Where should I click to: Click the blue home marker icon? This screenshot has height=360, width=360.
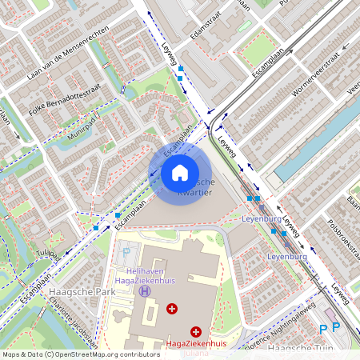click(180, 172)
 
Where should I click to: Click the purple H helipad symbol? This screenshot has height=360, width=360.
click(145, 291)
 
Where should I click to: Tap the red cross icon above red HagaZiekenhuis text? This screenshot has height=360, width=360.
click(195, 330)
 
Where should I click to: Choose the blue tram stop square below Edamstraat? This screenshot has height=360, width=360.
click(181, 70)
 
